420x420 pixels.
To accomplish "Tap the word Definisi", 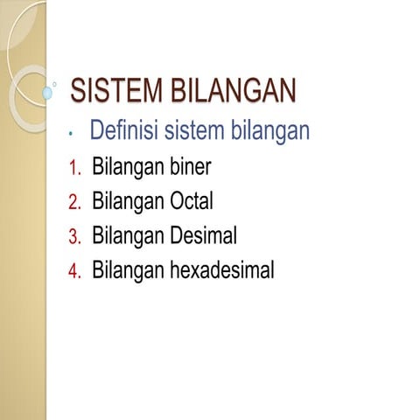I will coord(124,132).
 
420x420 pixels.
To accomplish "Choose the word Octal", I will coord(192,201).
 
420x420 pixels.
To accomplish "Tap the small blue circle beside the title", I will coord(46,92).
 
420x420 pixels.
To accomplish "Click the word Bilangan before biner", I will coord(129,167).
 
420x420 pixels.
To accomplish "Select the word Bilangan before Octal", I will coord(129,201).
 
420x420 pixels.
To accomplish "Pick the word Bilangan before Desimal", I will coord(129,236).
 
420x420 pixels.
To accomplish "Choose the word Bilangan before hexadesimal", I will coord(129,270).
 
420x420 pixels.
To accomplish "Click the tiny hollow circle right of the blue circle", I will coord(57,86).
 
